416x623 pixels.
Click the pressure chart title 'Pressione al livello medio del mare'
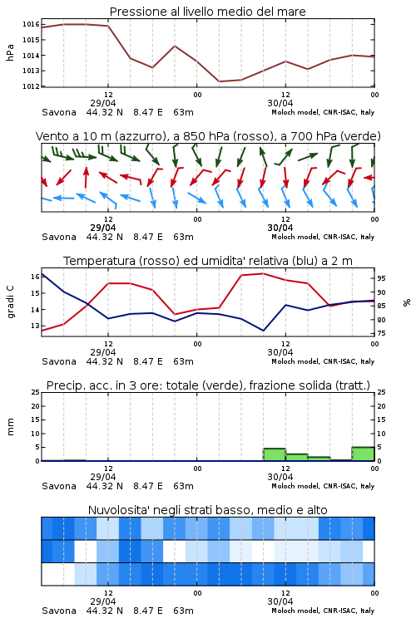point(207,12)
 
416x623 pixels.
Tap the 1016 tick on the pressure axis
point(31,24)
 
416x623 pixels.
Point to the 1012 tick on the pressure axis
point(31,86)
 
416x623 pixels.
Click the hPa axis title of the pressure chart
point(10,52)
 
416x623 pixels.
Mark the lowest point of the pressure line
point(219,81)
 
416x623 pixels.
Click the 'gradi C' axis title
point(10,302)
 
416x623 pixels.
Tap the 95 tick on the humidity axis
point(381,278)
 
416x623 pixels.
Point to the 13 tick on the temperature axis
point(35,326)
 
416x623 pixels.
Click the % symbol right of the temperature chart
point(407,302)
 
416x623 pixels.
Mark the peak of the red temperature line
point(263,273)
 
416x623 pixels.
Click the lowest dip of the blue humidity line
point(263,331)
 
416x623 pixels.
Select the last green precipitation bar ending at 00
point(363,454)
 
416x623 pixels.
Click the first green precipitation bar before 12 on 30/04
point(275,454)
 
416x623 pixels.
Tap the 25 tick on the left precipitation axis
point(36,392)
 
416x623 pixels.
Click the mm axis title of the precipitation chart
point(10,426)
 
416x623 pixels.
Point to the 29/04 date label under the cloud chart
point(103,601)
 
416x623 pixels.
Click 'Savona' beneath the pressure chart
point(59,112)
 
